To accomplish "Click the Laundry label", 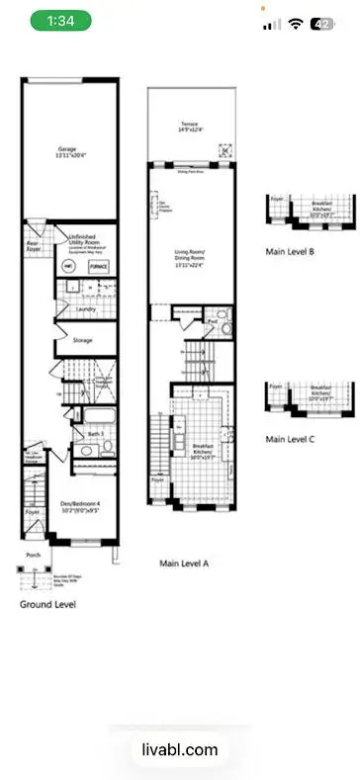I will point(84,309).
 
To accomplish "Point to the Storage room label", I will point(83,340).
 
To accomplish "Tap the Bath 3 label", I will point(96,433).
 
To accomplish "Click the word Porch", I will point(34,556).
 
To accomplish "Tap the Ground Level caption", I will point(48,602).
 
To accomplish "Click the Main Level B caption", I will point(290,252).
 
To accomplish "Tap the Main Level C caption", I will point(290,438).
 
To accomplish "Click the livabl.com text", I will point(180,750).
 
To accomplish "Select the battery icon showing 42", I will point(321,24).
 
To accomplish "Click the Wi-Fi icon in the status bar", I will point(295,24).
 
